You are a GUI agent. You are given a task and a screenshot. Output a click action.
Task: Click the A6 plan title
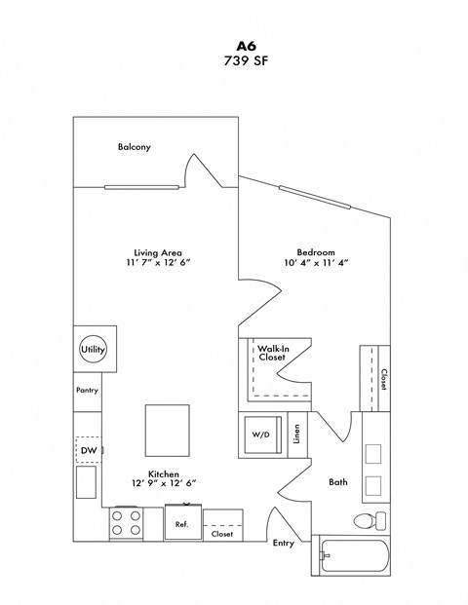pyautogui.click(x=234, y=44)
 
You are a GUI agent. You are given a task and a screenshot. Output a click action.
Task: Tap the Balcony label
pyautogui.click(x=134, y=147)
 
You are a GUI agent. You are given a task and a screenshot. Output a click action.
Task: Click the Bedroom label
pyautogui.click(x=316, y=251)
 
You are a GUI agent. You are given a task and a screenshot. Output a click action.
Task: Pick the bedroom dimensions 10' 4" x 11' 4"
pyautogui.click(x=316, y=263)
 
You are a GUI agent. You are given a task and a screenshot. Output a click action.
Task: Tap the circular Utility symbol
pyautogui.click(x=94, y=349)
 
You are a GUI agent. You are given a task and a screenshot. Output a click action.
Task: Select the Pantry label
pyautogui.click(x=88, y=390)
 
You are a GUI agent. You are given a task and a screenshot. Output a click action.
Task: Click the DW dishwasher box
pyautogui.click(x=88, y=449)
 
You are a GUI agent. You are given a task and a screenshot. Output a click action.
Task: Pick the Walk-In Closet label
pyautogui.click(x=272, y=353)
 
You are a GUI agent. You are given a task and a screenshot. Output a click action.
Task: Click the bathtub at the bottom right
pyautogui.click(x=355, y=558)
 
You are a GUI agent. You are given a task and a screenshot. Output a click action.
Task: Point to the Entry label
pyautogui.click(x=284, y=544)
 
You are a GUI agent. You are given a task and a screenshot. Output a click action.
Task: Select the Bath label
pyautogui.click(x=337, y=481)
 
